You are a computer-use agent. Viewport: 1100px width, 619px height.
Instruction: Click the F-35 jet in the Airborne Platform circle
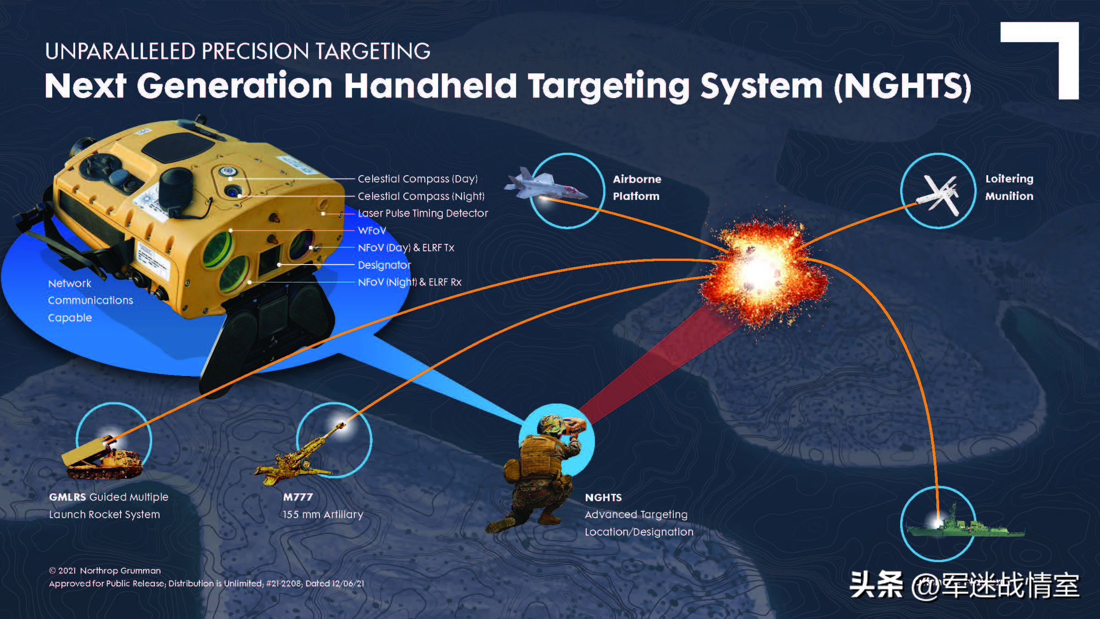(x=545, y=186)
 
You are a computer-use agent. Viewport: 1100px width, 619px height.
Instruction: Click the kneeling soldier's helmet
(x=550, y=424)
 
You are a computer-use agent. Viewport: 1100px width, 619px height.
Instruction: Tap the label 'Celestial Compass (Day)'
(x=418, y=179)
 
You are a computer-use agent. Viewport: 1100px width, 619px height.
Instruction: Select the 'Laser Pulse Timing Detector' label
(x=423, y=213)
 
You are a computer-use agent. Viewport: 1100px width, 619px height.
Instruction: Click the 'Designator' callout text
(x=384, y=265)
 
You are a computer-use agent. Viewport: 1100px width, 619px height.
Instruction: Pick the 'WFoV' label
(x=372, y=231)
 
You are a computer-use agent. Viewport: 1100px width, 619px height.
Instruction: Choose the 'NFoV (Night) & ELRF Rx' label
(x=409, y=282)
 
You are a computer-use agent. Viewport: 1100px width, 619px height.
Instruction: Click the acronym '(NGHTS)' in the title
(x=902, y=86)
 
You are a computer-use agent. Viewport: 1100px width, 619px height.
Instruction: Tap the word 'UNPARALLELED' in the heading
(x=120, y=51)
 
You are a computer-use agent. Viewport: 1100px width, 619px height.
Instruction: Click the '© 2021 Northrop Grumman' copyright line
(x=105, y=571)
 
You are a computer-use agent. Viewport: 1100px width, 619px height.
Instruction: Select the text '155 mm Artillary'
(x=323, y=514)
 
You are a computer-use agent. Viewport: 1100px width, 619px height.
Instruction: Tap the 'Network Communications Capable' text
(x=90, y=300)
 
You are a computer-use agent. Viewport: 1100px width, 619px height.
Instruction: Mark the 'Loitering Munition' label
(x=1009, y=187)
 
